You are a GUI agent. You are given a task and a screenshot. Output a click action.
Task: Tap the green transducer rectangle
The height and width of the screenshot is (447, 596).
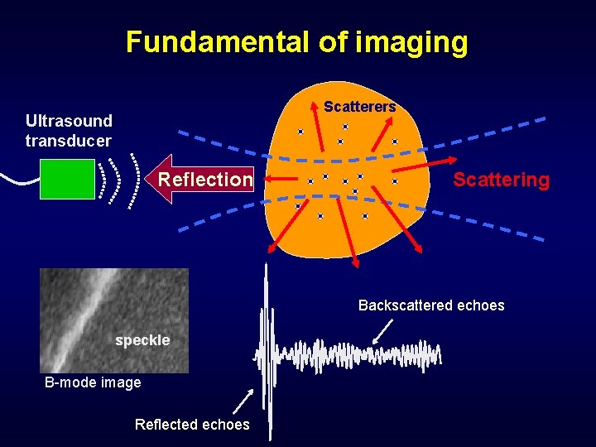pos(68,179)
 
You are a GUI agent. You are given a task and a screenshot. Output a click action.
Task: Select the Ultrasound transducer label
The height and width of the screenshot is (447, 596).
pos(69,131)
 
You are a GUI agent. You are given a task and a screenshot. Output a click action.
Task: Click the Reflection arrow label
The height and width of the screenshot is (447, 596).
pos(204,179)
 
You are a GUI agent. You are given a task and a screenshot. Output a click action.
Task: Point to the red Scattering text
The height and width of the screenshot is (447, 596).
pos(501,180)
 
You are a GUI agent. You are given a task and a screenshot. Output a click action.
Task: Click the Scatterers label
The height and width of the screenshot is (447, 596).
pos(359,107)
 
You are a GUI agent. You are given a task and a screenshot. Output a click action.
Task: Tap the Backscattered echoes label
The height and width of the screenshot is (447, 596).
pos(430,305)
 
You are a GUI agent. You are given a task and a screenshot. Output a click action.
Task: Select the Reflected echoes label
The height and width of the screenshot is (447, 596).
pos(191,425)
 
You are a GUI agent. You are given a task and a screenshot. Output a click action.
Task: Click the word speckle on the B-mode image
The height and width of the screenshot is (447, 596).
pos(142,340)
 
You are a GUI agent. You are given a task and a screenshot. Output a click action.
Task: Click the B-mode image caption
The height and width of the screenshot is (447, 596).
pos(93,382)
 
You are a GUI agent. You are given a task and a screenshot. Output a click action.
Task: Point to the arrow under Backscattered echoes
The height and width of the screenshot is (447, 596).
pos(382,332)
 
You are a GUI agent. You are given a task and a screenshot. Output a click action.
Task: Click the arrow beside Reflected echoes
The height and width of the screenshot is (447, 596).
pos(242,401)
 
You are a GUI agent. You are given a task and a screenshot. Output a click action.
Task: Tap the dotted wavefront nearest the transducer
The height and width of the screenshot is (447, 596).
pos(103,179)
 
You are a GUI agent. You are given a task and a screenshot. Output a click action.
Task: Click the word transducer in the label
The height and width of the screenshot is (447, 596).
pos(68,141)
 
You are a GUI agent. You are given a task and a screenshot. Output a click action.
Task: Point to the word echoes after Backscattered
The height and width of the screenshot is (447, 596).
pos(483,305)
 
